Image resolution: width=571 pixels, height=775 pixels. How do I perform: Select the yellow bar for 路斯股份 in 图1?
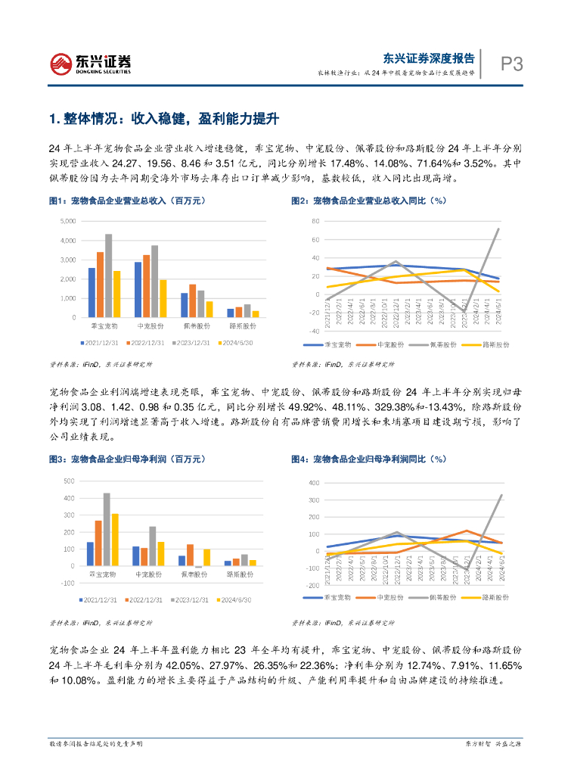pyautogui.click(x=256, y=313)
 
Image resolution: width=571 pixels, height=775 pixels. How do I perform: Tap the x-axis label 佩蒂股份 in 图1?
pyautogui.click(x=196, y=325)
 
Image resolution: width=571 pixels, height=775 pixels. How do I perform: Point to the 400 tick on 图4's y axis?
pyautogui.click(x=312, y=483)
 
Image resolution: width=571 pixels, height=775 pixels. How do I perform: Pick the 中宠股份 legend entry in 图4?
pyautogui.click(x=382, y=597)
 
